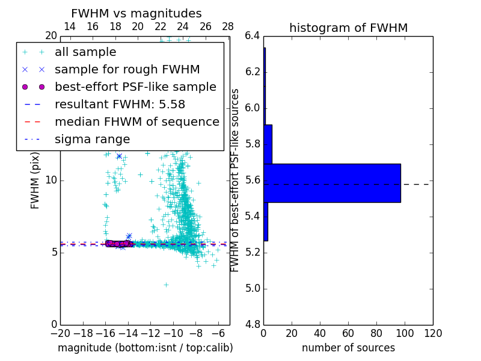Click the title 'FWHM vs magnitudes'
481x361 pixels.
tap(136, 14)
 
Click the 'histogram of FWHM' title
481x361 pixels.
tap(348, 28)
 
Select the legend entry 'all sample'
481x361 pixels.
tap(85, 52)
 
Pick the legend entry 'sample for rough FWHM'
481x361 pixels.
tap(127, 70)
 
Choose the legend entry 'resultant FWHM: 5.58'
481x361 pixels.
tap(120, 105)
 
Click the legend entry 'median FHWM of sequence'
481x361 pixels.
tap(136, 122)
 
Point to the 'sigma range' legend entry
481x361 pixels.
tap(92, 140)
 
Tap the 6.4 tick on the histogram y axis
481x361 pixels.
tap(252, 36)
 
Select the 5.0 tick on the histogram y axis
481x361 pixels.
tap(252, 288)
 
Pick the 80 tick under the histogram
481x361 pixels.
tap(376, 333)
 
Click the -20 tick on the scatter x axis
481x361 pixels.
tap(60, 333)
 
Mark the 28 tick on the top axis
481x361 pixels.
tap(228, 26)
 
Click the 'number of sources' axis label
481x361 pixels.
tap(348, 348)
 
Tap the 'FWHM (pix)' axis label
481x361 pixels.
tap(35, 180)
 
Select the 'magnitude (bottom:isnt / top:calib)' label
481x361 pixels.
tap(145, 348)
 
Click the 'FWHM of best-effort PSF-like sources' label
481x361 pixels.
tap(235, 180)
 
